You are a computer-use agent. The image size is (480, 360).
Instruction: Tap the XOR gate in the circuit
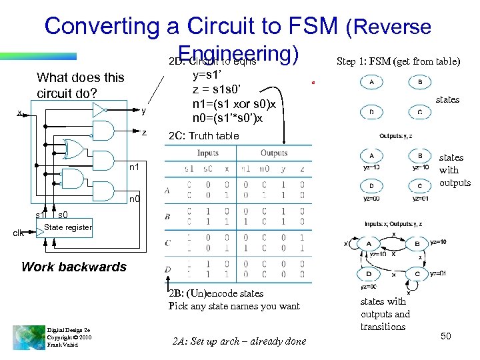(x=71, y=149)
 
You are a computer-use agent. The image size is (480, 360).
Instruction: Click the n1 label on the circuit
(x=133, y=167)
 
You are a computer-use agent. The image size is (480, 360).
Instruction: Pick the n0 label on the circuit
(x=133, y=199)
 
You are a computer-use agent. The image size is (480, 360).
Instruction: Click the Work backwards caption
(x=73, y=267)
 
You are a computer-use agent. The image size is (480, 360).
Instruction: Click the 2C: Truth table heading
(x=203, y=136)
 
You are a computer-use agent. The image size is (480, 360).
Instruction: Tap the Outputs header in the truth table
(x=273, y=153)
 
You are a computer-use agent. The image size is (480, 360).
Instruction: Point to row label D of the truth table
(x=167, y=269)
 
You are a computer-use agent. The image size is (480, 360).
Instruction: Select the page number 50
(x=445, y=336)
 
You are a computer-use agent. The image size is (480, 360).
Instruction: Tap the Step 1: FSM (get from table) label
(x=398, y=61)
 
